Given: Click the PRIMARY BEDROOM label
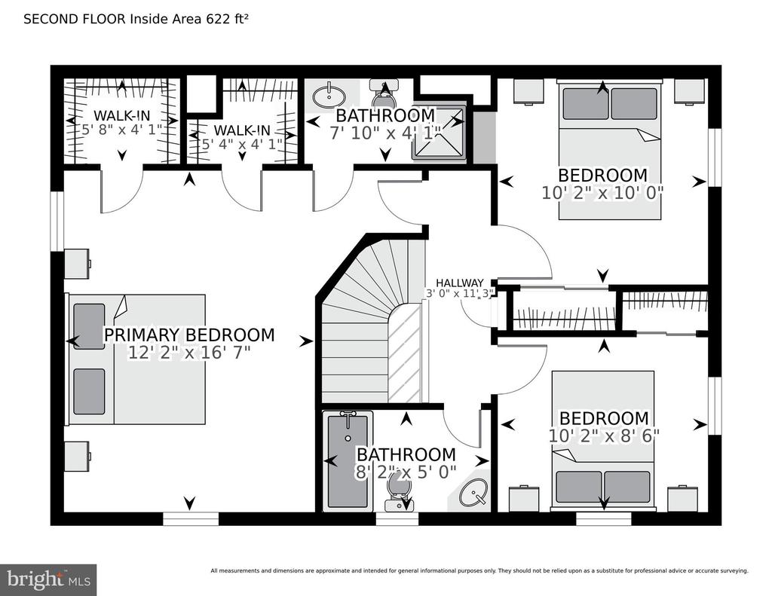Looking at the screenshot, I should click(x=188, y=335).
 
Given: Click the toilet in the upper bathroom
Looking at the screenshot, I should click(x=383, y=96).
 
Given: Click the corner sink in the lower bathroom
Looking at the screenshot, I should click(x=473, y=495).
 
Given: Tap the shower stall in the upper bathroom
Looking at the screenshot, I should click(x=438, y=133).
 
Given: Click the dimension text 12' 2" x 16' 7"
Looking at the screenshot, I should click(x=188, y=353).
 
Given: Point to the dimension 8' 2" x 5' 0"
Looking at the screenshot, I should click(x=406, y=472).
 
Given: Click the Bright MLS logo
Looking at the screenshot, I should click(x=48, y=579).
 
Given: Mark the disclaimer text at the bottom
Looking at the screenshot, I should click(x=479, y=570).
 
